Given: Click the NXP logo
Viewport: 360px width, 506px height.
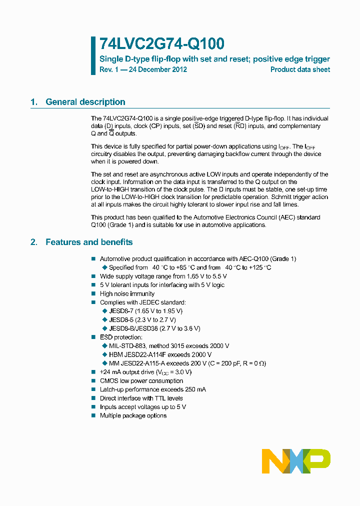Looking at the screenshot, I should (296, 461).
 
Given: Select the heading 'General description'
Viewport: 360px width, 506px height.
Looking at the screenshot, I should (85, 102).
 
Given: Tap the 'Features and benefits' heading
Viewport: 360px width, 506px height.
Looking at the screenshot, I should (89, 242).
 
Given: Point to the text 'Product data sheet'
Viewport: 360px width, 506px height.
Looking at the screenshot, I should (300, 69).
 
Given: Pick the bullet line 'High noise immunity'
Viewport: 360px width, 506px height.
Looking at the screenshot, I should (127, 294).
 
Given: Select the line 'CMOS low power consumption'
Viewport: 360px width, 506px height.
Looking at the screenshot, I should (141, 381).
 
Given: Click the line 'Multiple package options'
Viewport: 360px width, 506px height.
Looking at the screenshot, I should (133, 416).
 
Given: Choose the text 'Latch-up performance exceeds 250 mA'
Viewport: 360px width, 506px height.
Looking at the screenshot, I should (153, 389).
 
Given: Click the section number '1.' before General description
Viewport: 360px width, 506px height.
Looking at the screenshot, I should (34, 102).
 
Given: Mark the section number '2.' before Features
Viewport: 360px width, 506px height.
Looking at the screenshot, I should (34, 242).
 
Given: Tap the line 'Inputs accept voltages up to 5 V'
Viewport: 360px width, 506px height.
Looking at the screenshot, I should (143, 407).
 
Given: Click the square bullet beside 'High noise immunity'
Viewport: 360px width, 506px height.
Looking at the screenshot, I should (93, 294).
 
